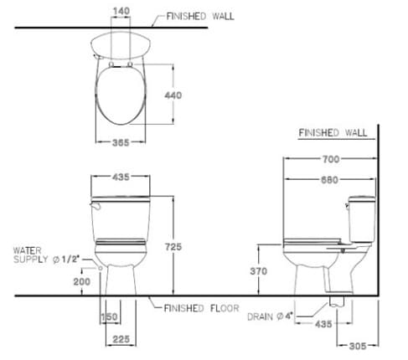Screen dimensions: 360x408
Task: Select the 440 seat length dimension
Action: coord(173,96)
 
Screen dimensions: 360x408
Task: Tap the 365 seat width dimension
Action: coord(122,142)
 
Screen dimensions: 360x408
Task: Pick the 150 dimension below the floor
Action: coord(109,317)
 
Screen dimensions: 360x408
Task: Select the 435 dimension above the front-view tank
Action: coord(122,177)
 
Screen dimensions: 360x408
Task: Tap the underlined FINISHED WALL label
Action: coord(332,133)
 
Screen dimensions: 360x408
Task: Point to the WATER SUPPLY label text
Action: coord(44,255)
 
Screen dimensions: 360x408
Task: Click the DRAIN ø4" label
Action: coord(269,316)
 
